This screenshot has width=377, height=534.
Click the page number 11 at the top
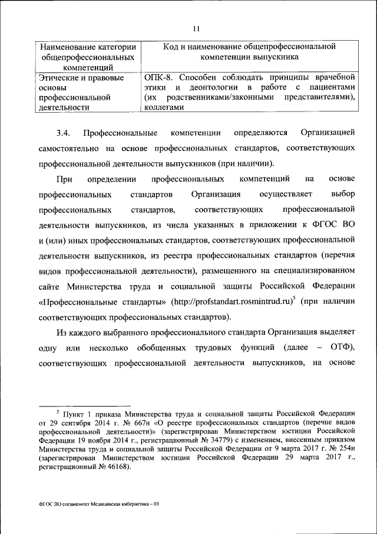point(196,28)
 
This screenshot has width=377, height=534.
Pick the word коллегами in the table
point(164,107)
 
